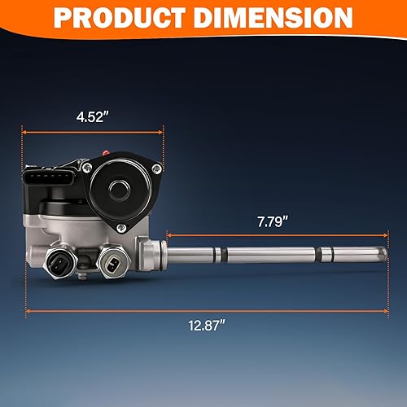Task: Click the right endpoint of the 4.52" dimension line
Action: tap(163, 129)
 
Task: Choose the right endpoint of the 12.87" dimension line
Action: tap(385, 310)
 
